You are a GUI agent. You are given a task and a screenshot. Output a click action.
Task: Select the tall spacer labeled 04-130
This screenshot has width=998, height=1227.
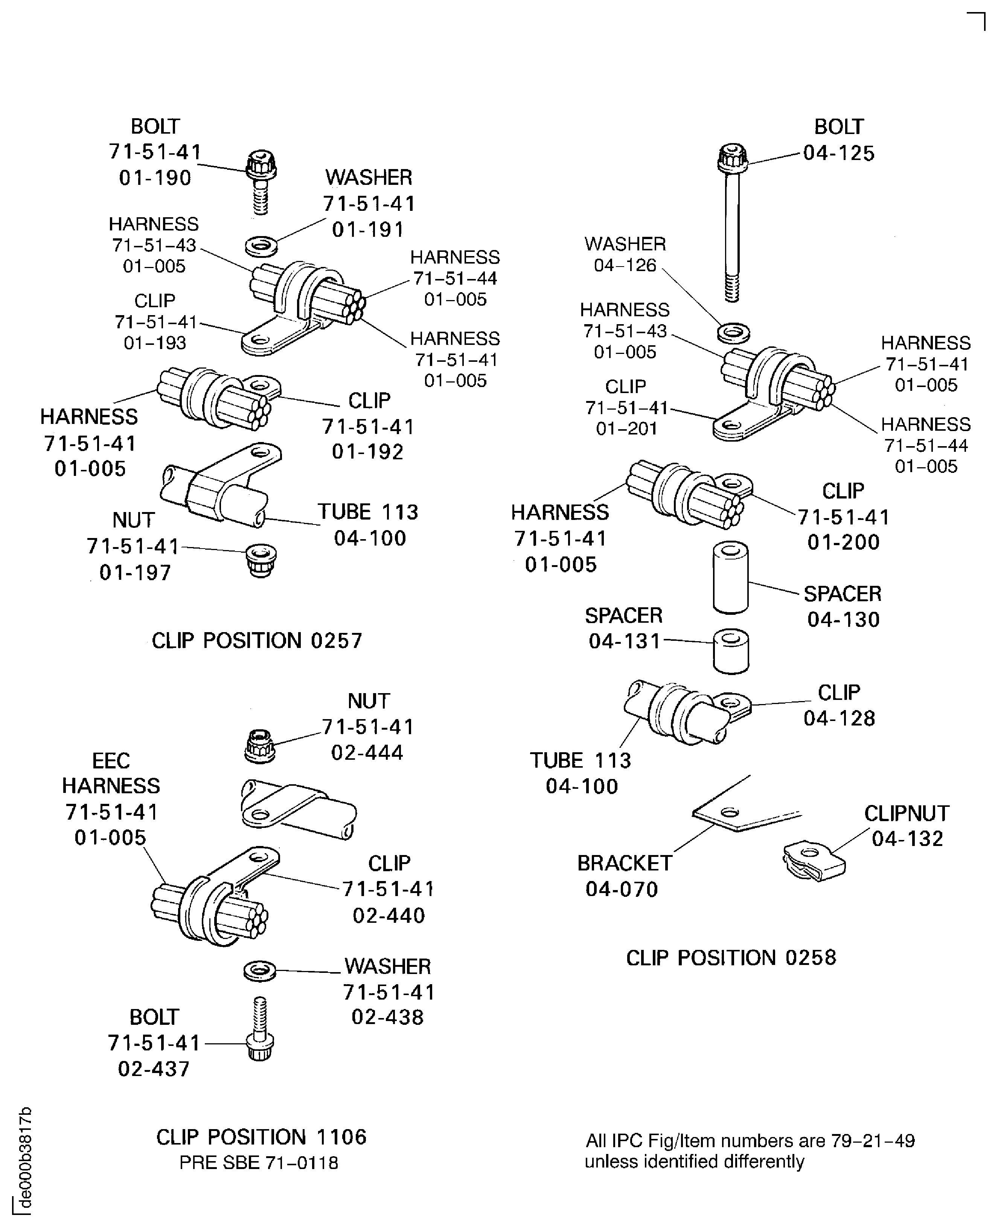coord(730,578)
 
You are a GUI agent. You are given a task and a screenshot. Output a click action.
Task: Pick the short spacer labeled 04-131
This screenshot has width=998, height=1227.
coord(731,651)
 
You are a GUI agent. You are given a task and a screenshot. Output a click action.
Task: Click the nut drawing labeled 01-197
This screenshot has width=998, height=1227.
coord(261,560)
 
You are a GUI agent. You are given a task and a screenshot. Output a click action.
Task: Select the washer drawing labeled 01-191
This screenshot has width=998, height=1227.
coord(261,247)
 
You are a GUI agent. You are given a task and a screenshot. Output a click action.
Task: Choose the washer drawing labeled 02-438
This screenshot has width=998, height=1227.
coord(259,971)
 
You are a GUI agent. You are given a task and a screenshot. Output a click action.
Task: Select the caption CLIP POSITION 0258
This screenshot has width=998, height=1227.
coord(731,958)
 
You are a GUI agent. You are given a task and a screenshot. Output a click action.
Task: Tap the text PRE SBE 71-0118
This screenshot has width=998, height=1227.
coord(259,1163)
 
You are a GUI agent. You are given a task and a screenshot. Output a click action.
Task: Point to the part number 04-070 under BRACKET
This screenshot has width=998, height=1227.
coord(622,890)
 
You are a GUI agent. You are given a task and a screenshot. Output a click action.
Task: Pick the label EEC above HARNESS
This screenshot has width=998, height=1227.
coord(111,761)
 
